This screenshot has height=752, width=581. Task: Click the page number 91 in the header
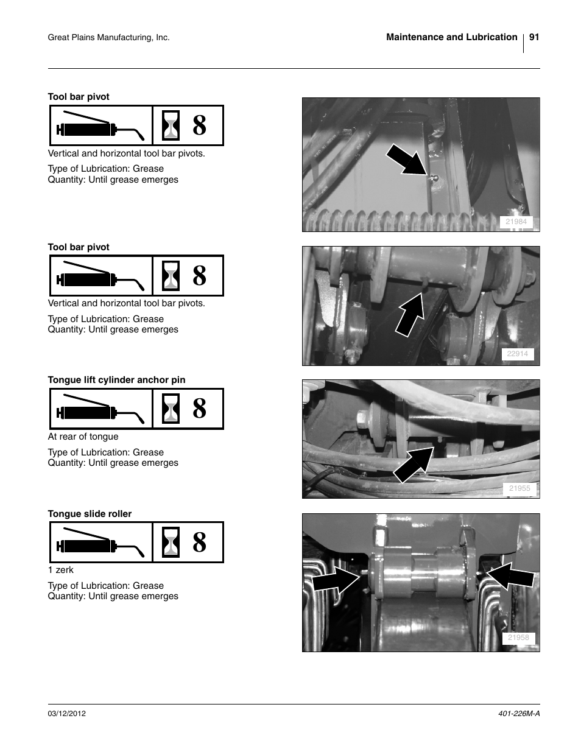point(534,37)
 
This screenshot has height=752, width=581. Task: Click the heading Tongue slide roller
point(90,514)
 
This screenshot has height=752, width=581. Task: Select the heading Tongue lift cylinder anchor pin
point(116,380)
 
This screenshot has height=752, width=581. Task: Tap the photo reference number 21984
point(516,222)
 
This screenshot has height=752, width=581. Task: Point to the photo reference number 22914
point(517,354)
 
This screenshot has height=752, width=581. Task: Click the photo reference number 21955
point(519,488)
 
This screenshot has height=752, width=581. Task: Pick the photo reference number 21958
point(518,638)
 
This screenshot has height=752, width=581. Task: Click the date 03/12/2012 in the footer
point(67,713)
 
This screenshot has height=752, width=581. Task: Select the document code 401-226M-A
point(515,713)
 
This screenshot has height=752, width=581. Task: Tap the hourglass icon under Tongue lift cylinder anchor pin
point(172,409)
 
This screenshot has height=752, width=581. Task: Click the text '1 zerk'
point(61,570)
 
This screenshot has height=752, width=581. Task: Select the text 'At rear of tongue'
point(83,437)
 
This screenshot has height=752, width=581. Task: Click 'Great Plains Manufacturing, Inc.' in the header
point(108,38)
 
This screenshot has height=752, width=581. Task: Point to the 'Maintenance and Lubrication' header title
point(451,37)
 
